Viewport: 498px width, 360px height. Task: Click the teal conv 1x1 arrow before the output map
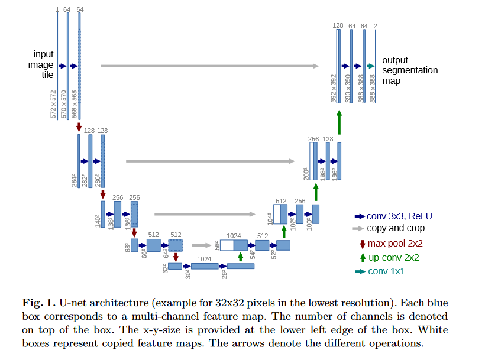[x=371, y=66]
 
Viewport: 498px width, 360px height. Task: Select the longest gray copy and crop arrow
[x=209, y=66]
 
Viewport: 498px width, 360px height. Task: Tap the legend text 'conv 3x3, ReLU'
[x=399, y=216]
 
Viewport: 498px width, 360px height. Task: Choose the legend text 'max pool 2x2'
[x=395, y=244]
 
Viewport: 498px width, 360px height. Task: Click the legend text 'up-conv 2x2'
[x=393, y=258]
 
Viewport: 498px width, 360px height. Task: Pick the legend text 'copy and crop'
[x=396, y=228]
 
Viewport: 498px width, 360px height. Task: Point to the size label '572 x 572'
[x=53, y=105]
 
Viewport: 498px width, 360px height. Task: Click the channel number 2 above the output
[x=375, y=26]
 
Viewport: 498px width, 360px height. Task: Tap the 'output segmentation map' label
[x=410, y=70]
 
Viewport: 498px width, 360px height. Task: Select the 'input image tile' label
[x=41, y=64]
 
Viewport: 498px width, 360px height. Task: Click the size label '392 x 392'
[x=333, y=89]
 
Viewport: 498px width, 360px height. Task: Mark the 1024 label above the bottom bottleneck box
[x=204, y=259]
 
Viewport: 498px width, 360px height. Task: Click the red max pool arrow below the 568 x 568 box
[x=79, y=127]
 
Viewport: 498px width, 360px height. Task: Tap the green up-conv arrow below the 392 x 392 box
[x=339, y=122]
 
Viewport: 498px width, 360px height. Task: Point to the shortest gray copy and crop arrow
[x=201, y=245]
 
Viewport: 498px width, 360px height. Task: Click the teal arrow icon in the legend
[x=360, y=271]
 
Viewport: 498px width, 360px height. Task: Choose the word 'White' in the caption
[x=433, y=330]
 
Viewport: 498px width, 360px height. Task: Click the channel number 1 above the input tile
[x=57, y=10]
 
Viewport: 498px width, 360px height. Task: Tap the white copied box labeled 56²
[x=227, y=245]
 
